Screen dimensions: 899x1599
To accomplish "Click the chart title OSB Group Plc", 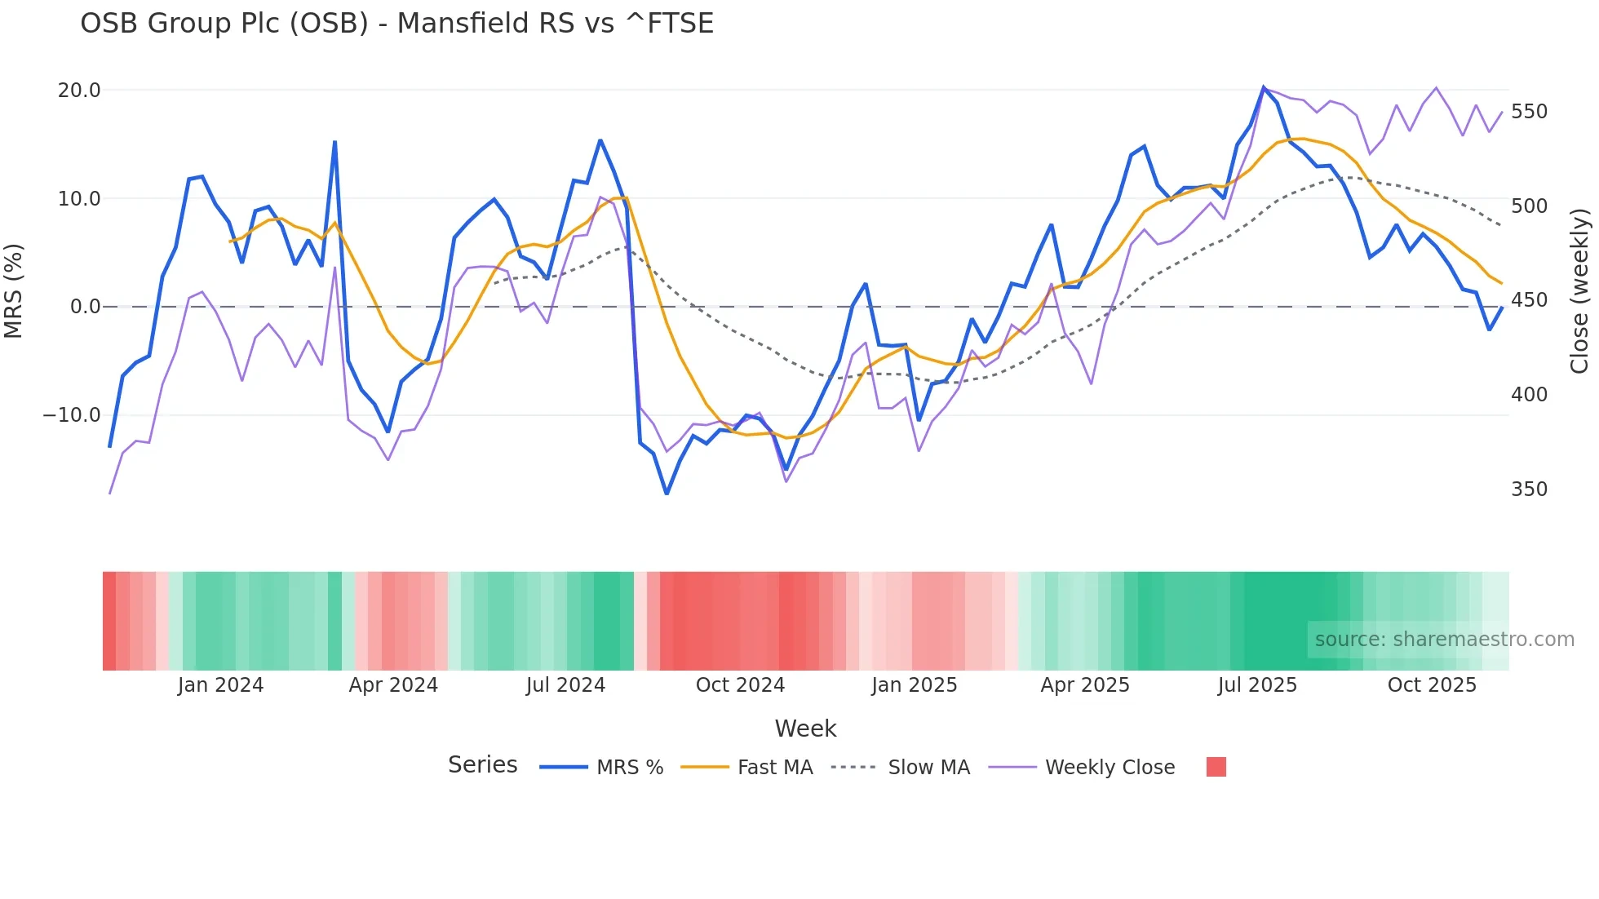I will [x=396, y=24].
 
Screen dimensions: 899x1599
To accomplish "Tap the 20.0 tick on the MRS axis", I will [x=79, y=91].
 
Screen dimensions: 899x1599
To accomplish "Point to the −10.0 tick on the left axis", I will [x=72, y=415].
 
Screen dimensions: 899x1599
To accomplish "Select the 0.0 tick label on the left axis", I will [x=85, y=307].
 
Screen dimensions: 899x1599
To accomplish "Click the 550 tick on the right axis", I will [x=1529, y=112].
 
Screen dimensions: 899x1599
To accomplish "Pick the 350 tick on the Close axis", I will [x=1529, y=489].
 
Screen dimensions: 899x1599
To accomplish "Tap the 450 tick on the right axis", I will [x=1529, y=300].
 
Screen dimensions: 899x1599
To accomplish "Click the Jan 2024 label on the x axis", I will [x=220, y=685].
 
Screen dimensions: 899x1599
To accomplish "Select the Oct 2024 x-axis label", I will [x=740, y=685].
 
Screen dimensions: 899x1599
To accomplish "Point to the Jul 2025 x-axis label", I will [x=1257, y=685].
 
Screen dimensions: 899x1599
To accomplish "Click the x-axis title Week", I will [x=805, y=728].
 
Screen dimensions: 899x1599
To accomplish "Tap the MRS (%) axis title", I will [x=14, y=290].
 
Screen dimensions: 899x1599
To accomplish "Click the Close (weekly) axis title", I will [x=1580, y=290].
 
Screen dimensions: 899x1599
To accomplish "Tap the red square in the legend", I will [x=1216, y=767].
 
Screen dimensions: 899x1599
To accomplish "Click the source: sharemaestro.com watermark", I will [x=1444, y=640].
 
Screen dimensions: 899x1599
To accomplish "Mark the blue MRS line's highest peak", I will [x=1264, y=87].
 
